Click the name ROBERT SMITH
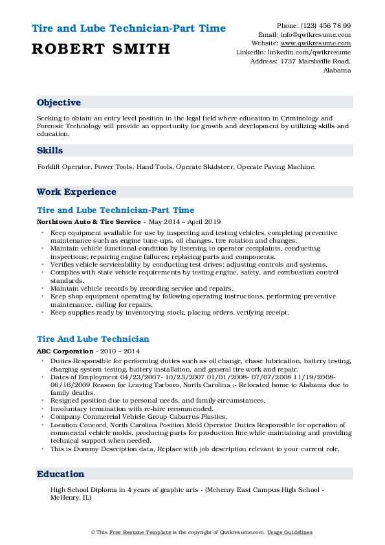[100, 49]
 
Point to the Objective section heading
[59, 103]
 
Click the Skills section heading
[50, 150]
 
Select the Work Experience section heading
[76, 192]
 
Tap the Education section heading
[61, 474]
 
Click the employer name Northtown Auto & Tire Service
[89, 221]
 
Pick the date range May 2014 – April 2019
[184, 221]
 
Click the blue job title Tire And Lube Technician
[93, 339]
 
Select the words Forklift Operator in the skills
[64, 167]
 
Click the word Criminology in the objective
[308, 118]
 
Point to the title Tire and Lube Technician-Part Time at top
[128, 28]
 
